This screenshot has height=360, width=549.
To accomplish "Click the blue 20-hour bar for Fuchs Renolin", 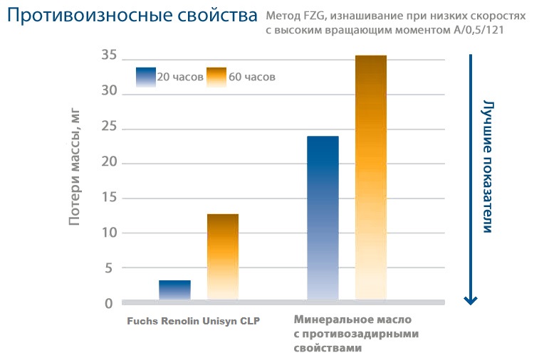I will pos(174,290).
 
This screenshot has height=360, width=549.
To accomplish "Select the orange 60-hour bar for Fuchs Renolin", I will pos(223,257).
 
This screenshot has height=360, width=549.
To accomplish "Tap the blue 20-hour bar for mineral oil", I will pos(323,218).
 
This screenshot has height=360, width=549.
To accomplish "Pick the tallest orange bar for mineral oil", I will pos(371,178).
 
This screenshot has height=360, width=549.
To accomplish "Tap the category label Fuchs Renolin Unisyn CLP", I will pos(192,321).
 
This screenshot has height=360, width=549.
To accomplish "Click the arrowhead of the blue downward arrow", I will pos(469,299).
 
